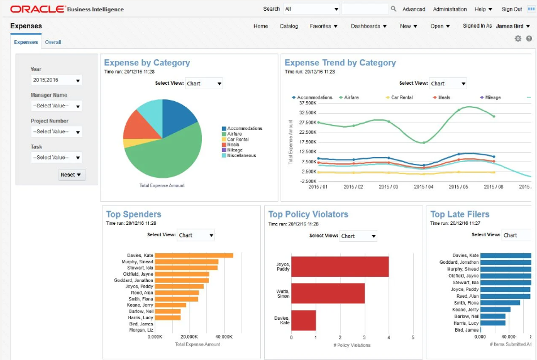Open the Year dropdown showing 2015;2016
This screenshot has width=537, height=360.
tap(56, 80)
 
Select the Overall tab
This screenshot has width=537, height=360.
tap(53, 42)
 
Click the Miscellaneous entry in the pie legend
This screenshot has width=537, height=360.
tap(241, 156)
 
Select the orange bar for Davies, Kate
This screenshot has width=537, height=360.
tap(194, 255)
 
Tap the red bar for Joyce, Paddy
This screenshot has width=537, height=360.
tap(340, 266)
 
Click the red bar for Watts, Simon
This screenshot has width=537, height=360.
tap(328, 293)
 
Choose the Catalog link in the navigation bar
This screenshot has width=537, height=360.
tap(289, 26)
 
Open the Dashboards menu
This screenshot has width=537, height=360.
tap(369, 26)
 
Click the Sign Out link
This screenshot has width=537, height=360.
tap(511, 9)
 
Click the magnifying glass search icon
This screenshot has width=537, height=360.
tap(394, 9)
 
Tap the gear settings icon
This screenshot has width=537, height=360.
tap(518, 39)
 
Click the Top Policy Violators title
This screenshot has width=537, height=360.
tap(308, 214)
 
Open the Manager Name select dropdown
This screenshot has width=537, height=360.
tap(56, 106)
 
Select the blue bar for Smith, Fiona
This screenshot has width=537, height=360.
tap(501, 303)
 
